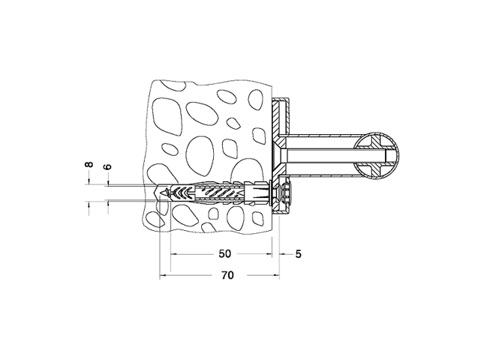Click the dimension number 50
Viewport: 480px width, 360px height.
pos(224,254)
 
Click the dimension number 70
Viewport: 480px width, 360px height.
pos(227,275)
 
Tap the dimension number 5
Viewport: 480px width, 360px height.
pos(298,254)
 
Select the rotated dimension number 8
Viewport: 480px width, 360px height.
pos(89,164)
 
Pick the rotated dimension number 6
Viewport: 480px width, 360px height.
pos(108,167)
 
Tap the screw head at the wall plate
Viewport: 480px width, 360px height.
pos(285,193)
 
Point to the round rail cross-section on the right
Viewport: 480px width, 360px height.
pos(378,155)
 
